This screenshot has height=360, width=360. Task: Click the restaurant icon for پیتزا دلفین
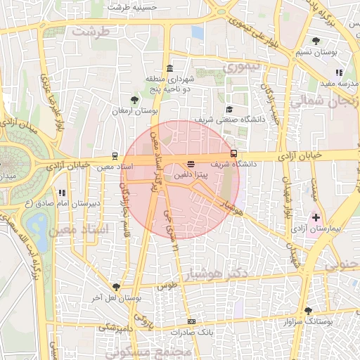[191, 165]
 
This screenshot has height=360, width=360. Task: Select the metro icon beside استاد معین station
[115, 157]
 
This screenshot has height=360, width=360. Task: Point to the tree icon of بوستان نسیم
[317, 40]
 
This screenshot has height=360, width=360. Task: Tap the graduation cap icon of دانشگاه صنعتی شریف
[229, 109]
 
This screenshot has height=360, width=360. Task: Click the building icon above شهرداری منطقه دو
[169, 68]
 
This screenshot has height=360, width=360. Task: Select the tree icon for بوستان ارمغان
[135, 100]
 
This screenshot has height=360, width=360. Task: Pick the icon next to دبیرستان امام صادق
[62, 192]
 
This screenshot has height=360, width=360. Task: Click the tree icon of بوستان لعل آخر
[115, 287]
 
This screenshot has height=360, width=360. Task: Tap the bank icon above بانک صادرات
[191, 321]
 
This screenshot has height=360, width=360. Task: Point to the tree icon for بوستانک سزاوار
[308, 311]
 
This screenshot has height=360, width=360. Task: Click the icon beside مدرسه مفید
[339, 72]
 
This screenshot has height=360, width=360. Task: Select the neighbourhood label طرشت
[96, 32]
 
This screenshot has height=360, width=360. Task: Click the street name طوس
[166, 286]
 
